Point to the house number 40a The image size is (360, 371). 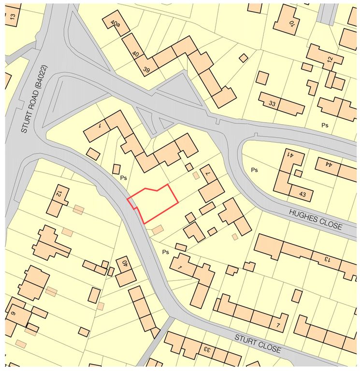(115, 23)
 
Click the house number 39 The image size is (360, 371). (146, 69)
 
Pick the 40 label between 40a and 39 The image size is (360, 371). (136, 54)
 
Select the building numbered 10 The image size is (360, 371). (291, 25)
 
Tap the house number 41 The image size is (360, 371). (290, 155)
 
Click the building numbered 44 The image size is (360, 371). (329, 164)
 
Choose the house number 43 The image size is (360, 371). (302, 194)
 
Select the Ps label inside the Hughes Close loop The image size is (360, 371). (254, 170)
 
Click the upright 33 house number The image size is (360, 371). (272, 103)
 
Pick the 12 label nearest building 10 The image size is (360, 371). (330, 59)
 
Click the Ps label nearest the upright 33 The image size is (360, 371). (325, 125)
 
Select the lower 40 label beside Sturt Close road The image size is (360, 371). (124, 263)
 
